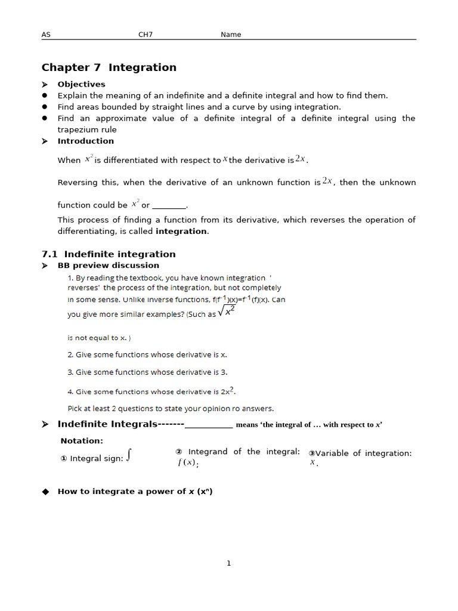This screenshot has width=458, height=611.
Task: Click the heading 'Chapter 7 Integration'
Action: (x=109, y=67)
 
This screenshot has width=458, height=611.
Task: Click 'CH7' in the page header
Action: (x=146, y=35)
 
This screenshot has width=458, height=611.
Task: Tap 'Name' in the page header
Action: (x=231, y=35)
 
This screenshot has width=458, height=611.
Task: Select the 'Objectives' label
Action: (x=81, y=84)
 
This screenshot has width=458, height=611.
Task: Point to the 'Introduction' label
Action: (x=85, y=141)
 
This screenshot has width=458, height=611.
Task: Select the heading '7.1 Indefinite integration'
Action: (x=109, y=254)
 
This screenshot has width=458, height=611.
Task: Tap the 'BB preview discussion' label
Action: (x=108, y=266)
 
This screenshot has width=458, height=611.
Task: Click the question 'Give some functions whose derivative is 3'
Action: (x=147, y=372)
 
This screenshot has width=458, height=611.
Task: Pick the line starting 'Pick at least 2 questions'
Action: (x=171, y=409)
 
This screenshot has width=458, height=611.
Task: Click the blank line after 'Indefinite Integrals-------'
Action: (x=209, y=425)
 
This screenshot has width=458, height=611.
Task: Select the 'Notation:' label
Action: (x=82, y=441)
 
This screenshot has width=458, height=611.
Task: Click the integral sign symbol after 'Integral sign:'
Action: (x=129, y=456)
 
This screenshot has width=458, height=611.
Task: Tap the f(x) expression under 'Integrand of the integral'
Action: (x=187, y=463)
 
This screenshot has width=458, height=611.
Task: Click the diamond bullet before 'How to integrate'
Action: (x=45, y=492)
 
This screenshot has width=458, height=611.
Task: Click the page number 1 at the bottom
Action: (x=228, y=563)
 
